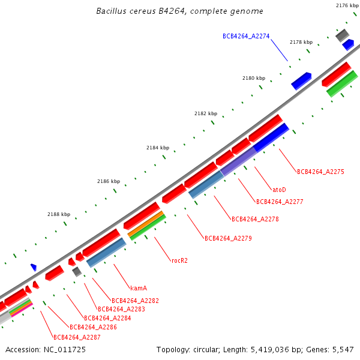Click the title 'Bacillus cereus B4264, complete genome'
(179, 11)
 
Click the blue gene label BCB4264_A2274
(246, 36)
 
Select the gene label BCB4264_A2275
(320, 172)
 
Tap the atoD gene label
(279, 189)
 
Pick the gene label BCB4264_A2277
(280, 202)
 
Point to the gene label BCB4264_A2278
(255, 219)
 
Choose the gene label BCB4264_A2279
(228, 238)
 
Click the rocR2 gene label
(179, 260)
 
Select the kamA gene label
(139, 288)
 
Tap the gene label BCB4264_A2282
(135, 301)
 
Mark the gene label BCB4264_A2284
(107, 318)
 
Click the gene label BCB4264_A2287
(77, 337)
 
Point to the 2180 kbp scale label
(253, 78)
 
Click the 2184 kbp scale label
(158, 148)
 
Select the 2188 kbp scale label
(59, 214)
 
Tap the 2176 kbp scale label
(347, 5)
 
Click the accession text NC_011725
(46, 349)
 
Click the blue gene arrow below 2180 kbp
(301, 80)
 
